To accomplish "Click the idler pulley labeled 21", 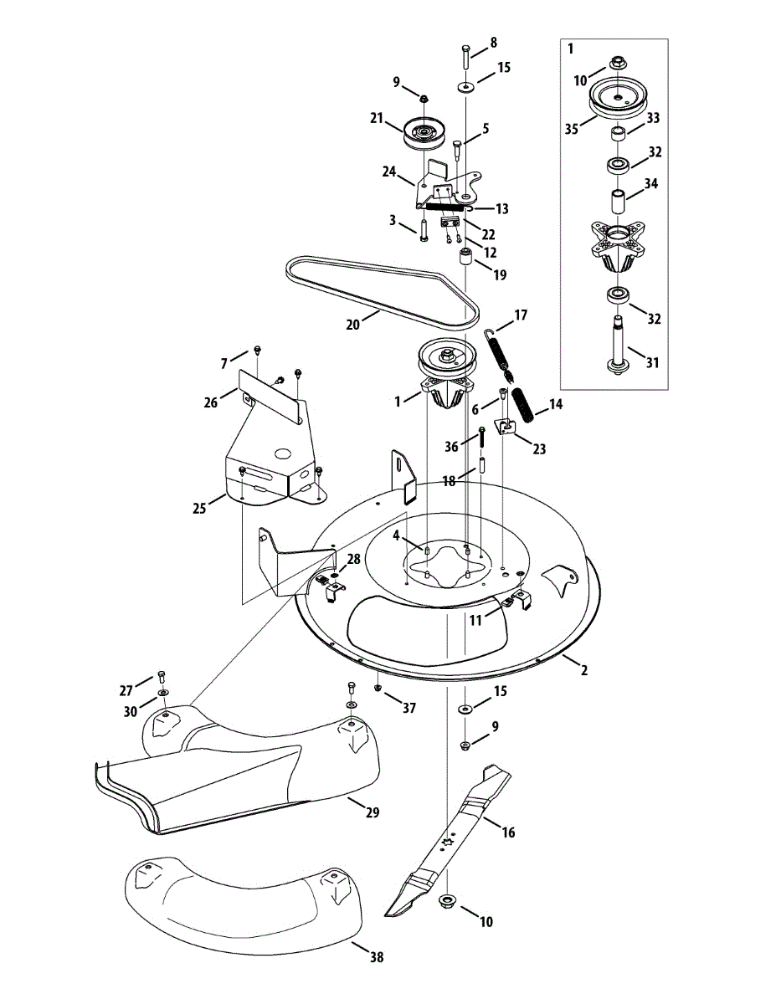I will pos(424,132).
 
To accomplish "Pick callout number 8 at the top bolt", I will pos(493,42).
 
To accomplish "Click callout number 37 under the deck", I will pos(409,708).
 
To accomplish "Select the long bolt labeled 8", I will pos(465,61).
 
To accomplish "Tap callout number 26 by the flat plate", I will pos(209,402).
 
